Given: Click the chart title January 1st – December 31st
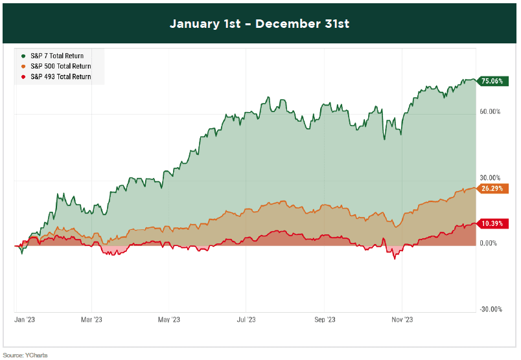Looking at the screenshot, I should point(259,24).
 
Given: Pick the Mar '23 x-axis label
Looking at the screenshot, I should point(92,319).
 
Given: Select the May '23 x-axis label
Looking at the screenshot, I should point(168,319).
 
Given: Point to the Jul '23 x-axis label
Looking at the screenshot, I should point(246,319).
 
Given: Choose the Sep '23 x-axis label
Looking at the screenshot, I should point(325,319).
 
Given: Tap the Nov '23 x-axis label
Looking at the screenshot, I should point(402,319).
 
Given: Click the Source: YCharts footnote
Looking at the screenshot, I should point(25,355).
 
